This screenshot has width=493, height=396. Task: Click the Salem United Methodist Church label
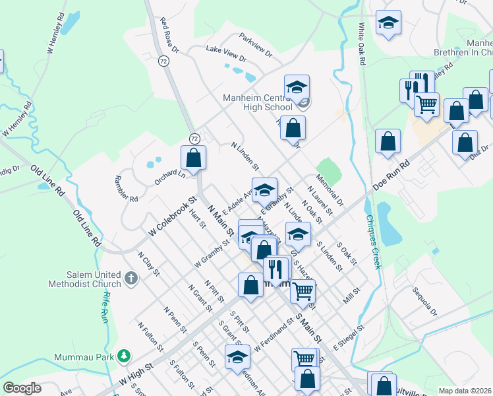[84, 279]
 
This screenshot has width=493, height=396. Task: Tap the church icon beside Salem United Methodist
[130, 279]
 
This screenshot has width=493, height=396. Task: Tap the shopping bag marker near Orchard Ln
[193, 158]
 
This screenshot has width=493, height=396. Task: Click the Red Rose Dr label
[169, 35]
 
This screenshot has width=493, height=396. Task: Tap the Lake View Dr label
[226, 53]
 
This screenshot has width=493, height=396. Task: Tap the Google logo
[22, 388]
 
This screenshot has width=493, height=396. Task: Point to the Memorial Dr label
[330, 190]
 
